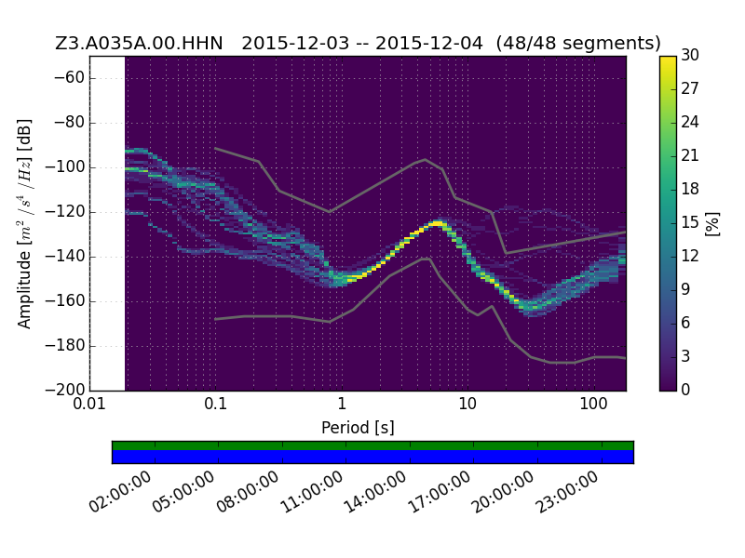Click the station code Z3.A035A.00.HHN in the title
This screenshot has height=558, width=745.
pyautogui.click(x=139, y=43)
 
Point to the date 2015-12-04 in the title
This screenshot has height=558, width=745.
pyautogui.click(x=429, y=43)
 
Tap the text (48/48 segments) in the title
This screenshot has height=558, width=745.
pyautogui.click(x=578, y=43)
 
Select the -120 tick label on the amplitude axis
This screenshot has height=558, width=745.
pyautogui.click(x=64, y=212)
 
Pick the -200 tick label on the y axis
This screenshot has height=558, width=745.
pyautogui.click(x=64, y=390)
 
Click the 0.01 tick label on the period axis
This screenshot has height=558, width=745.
pyautogui.click(x=89, y=405)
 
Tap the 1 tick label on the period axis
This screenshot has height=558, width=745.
pyautogui.click(x=342, y=405)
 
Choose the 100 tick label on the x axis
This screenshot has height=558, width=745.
pyautogui.click(x=593, y=405)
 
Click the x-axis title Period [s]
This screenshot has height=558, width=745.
pyautogui.click(x=358, y=428)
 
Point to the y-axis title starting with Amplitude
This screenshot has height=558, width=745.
pyautogui.click(x=24, y=223)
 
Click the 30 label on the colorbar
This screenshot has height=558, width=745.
pyautogui.click(x=690, y=55)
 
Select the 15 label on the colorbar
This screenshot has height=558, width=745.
pyautogui.click(x=690, y=222)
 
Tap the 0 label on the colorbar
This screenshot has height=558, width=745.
pyautogui.click(x=685, y=390)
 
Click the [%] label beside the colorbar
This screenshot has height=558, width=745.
pyautogui.click(x=712, y=223)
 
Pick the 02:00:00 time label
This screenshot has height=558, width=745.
pyautogui.click(x=120, y=492)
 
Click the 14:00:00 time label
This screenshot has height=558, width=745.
pyautogui.click(x=375, y=492)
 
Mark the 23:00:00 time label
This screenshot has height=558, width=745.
pyautogui.click(x=567, y=492)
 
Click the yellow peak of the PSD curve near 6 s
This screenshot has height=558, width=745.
pyautogui.click(x=437, y=222)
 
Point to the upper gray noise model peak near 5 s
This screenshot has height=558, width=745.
pyautogui.click(x=426, y=159)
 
